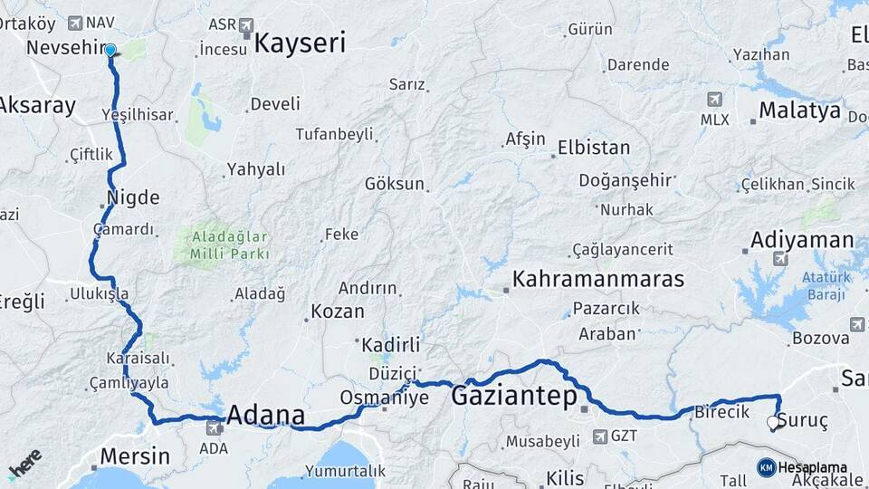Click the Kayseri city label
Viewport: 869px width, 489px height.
pos(300,43)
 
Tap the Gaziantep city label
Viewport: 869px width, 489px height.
pos(514,396)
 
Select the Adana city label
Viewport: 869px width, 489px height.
pos(265,417)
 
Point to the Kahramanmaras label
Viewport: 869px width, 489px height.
pos(598,279)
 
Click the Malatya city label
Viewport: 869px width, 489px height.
pos(799,111)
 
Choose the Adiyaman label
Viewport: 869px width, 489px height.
pos(801,240)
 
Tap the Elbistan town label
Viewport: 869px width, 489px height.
pos(594,147)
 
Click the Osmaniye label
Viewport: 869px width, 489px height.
pos(384,398)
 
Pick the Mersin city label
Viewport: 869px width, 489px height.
pos(135,455)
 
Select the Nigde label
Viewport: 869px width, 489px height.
pos(133,197)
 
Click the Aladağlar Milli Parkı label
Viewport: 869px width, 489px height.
pos(230,245)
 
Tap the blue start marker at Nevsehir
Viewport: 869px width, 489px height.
pos(110,52)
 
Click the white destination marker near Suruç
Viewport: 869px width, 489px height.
pos(772,422)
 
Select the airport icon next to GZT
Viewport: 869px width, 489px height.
pos(599,436)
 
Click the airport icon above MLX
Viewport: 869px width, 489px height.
pos(715,99)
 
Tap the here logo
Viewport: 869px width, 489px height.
pos(25,463)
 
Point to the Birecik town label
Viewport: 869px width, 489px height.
pos(721,412)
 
